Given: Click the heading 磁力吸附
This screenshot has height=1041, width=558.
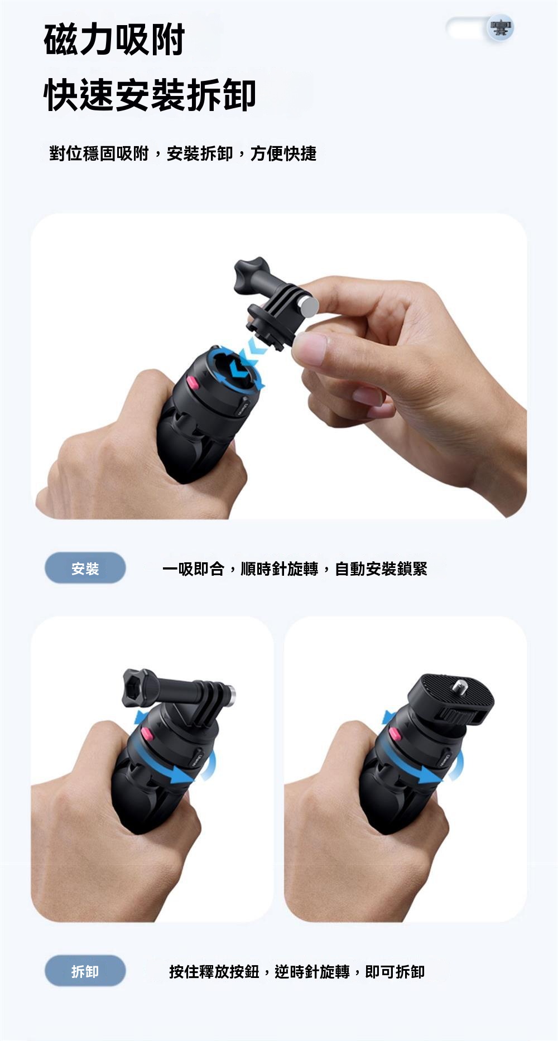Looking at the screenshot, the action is click(x=114, y=40).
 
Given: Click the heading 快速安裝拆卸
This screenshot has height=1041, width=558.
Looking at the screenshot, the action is click(x=150, y=95).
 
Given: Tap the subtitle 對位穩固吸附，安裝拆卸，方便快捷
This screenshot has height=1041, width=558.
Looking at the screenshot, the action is click(x=183, y=153).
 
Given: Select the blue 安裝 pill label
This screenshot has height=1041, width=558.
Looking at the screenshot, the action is click(x=85, y=568).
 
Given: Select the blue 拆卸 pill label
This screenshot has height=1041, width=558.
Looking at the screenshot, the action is click(x=85, y=971).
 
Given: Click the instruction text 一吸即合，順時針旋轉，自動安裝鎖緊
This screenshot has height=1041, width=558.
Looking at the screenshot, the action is click(x=295, y=568).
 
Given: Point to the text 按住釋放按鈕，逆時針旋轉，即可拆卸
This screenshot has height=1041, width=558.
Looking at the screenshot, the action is click(x=297, y=972).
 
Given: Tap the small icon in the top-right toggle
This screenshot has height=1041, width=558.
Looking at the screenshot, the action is click(x=500, y=28).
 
